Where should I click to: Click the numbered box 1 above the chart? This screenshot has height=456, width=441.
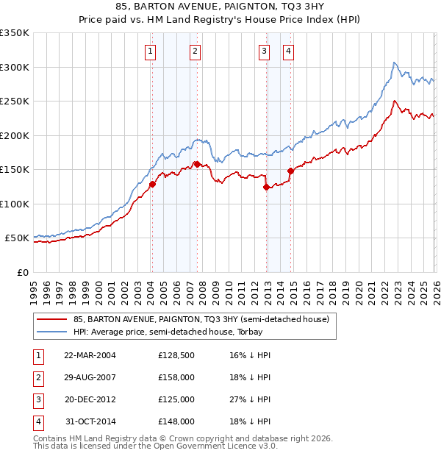[x=150, y=51]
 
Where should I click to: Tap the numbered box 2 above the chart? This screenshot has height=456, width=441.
[x=195, y=51]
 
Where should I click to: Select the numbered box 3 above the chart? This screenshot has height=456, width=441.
[x=264, y=51]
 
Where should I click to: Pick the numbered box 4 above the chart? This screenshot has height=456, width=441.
[x=288, y=51]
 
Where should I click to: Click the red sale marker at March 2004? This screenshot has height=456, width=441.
[x=152, y=185]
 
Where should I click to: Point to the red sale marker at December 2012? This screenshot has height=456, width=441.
[x=266, y=187]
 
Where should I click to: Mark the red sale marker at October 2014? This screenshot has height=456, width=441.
[x=290, y=171]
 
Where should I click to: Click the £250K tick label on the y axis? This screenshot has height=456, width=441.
[x=15, y=101]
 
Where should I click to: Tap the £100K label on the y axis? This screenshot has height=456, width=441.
[x=15, y=204]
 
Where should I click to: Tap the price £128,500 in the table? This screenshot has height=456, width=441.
[x=176, y=355]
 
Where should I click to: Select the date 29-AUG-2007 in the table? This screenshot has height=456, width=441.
[x=90, y=377]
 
